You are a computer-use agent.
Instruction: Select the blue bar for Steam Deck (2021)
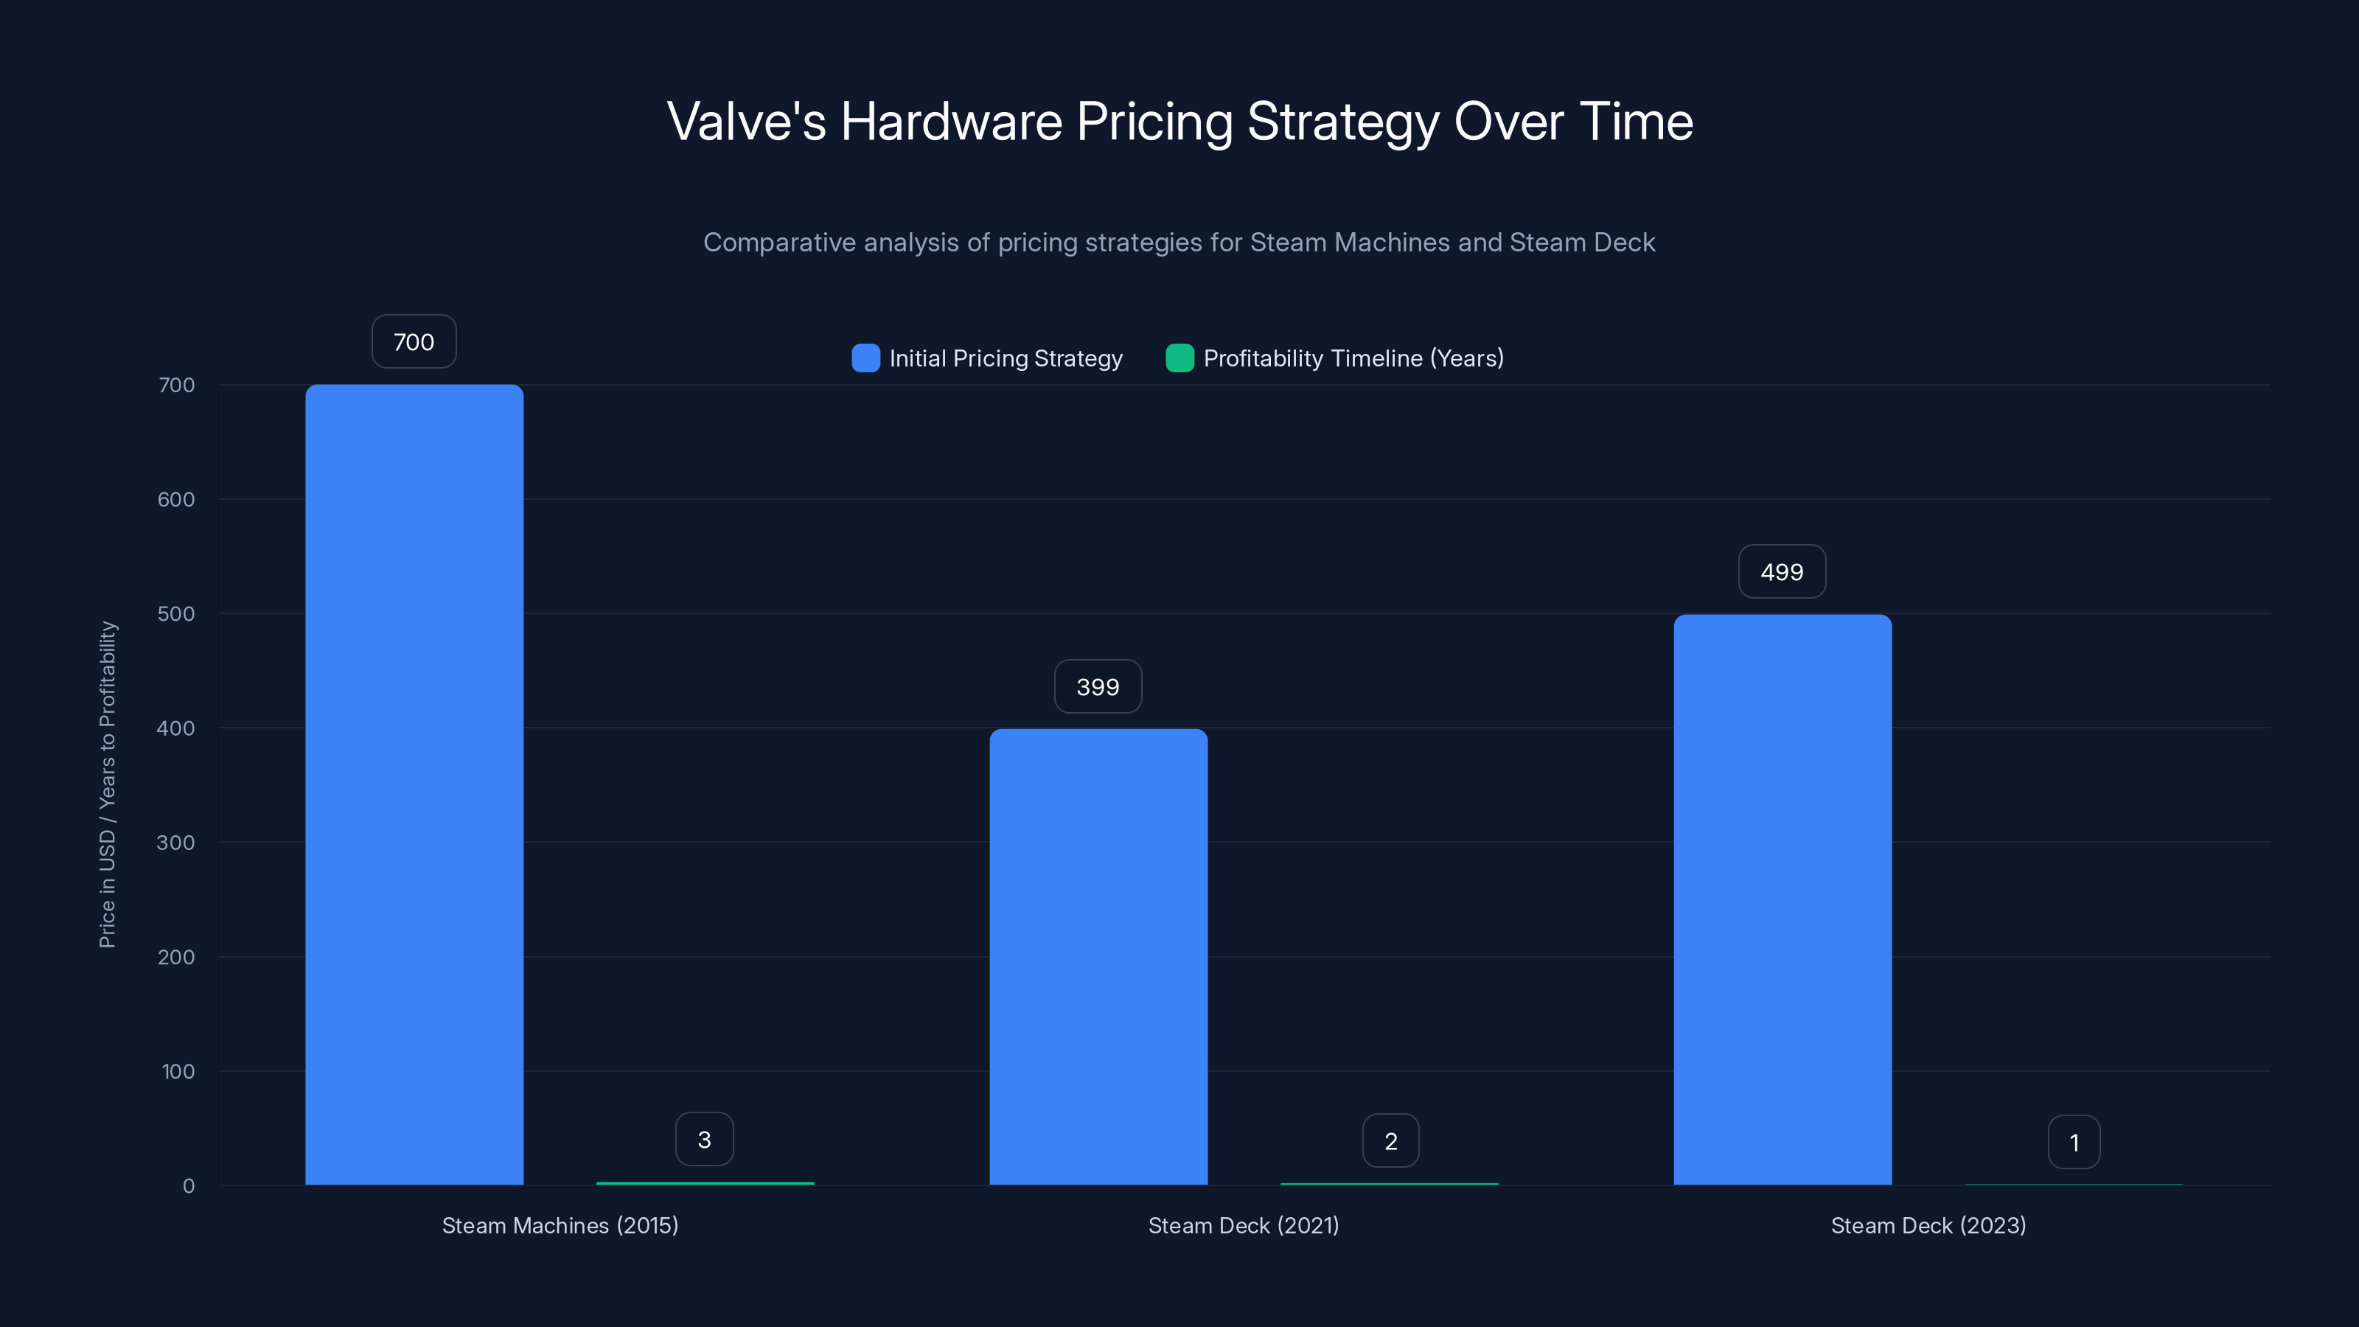pyautogui.click(x=1098, y=956)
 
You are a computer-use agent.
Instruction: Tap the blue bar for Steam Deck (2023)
pyautogui.click(x=1782, y=899)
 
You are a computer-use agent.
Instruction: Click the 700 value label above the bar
pyautogui.click(x=414, y=341)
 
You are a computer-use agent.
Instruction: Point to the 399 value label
pyautogui.click(x=1098, y=687)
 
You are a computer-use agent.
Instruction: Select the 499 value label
pyautogui.click(x=1782, y=571)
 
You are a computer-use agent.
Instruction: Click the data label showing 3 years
pyautogui.click(x=704, y=1139)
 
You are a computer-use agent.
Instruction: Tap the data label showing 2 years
pyautogui.click(x=1390, y=1141)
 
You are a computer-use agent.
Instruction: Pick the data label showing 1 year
pyautogui.click(x=2073, y=1142)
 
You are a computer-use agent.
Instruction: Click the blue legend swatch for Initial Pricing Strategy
pyautogui.click(x=865, y=358)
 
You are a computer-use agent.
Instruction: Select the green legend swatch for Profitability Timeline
pyautogui.click(x=1179, y=358)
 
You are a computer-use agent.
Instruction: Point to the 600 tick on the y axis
pyautogui.click(x=176, y=499)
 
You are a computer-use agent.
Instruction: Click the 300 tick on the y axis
pyautogui.click(x=176, y=843)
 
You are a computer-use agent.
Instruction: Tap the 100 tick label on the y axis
pyautogui.click(x=178, y=1071)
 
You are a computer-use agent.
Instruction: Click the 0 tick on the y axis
pyautogui.click(x=189, y=1186)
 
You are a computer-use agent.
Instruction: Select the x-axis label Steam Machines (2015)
pyautogui.click(x=560, y=1225)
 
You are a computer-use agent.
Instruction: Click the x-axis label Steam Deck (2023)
pyautogui.click(x=1928, y=1225)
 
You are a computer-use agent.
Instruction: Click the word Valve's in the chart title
pyautogui.click(x=746, y=122)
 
